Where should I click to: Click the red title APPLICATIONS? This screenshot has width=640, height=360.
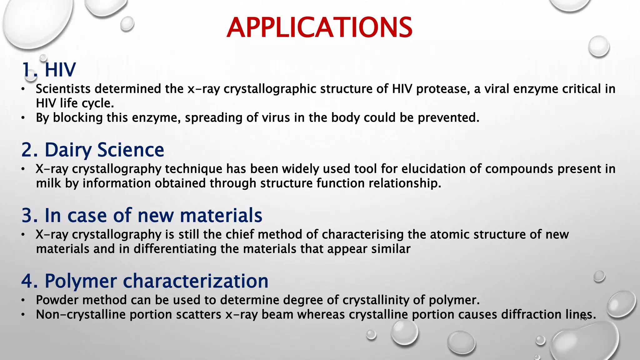click(319, 27)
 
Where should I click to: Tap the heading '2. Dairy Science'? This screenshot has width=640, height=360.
click(93, 150)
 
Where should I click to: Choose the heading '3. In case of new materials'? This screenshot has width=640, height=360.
click(142, 215)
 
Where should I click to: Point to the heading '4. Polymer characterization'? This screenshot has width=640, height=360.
click(145, 281)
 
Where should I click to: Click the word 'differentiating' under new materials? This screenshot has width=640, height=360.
click(175, 249)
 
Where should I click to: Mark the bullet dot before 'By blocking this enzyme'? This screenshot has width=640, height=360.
click(23, 118)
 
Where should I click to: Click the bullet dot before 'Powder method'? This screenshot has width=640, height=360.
click(23, 300)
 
